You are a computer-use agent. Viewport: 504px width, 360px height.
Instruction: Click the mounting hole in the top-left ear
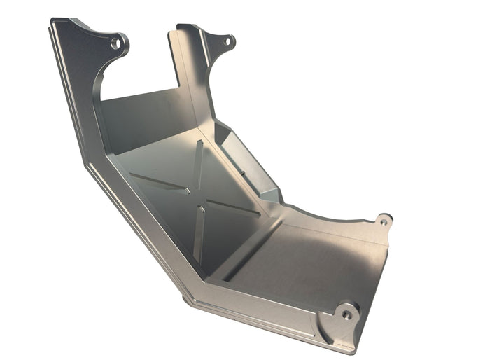[116, 43]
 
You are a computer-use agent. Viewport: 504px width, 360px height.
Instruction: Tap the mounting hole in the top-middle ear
[227, 41]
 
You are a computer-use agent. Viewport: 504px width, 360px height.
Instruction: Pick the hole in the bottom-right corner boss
[346, 314]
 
